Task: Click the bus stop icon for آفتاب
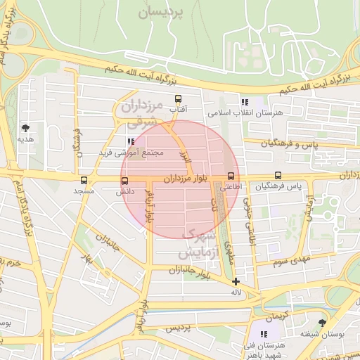[178, 99]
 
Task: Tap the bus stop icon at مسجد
[84, 180]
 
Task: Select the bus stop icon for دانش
[124, 181]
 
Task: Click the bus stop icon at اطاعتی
[231, 176]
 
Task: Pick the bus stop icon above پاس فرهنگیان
[278, 176]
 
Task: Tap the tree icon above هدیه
[26, 128]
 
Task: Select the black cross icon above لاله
[236, 281]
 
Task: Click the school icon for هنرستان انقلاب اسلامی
[245, 102]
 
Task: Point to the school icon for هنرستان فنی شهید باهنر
[264, 335]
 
